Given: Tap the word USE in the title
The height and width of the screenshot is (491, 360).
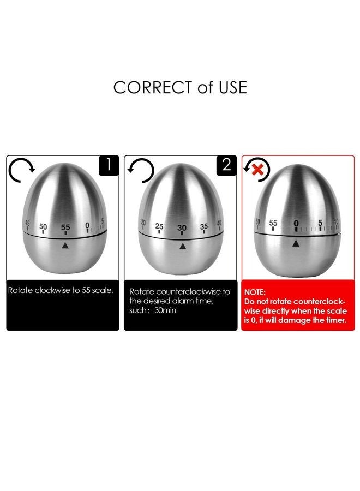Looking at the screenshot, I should coord(232,87).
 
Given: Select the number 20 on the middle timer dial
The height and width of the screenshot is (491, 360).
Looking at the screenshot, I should coord(143,222).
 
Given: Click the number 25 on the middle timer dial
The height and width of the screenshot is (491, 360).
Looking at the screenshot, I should coord(159,226).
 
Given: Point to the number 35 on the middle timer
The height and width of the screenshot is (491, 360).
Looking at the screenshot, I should coord(204,226).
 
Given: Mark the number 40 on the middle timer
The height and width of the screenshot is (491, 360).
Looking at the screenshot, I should coord(219,223).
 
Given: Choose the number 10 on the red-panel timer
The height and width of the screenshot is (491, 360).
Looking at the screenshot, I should coord(335,222).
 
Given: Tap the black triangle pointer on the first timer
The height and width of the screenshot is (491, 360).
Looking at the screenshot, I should coord(65,245).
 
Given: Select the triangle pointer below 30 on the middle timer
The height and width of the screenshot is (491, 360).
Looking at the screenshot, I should coord(182,246).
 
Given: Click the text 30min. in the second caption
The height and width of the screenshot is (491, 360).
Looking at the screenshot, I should coord(172,310).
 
